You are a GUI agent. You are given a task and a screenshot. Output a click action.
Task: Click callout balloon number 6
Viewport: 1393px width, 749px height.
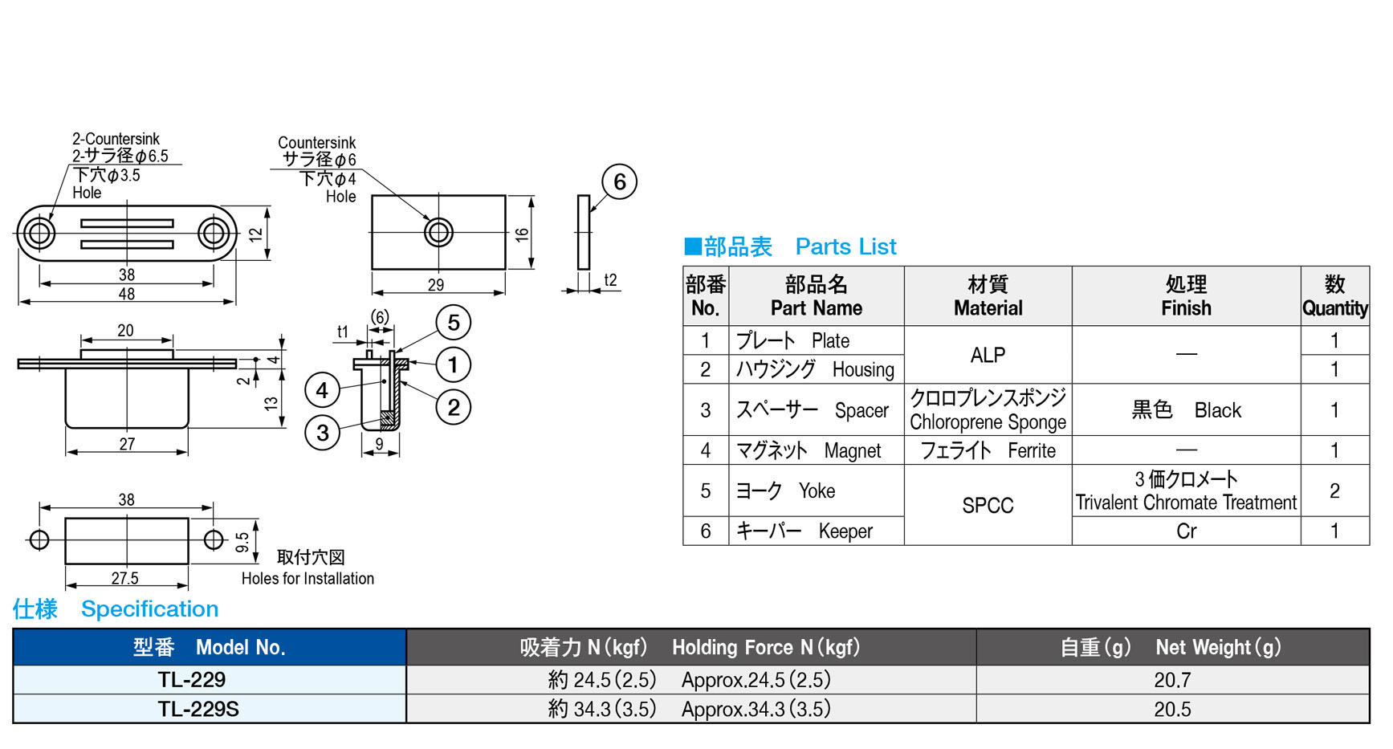(x=619, y=182)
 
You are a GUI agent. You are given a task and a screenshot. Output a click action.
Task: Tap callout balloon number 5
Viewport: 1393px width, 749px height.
(x=454, y=323)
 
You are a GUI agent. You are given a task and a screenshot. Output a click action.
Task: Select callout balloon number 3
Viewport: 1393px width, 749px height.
(x=323, y=434)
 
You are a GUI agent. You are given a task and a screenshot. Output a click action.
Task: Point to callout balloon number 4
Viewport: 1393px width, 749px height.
(x=322, y=391)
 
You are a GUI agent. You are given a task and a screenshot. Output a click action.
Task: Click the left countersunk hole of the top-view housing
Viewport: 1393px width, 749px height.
(x=39, y=234)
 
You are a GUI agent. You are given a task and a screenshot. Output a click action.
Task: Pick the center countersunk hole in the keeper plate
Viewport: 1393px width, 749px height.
(x=438, y=233)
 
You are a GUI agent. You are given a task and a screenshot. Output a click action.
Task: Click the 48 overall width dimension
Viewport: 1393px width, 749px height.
(x=127, y=295)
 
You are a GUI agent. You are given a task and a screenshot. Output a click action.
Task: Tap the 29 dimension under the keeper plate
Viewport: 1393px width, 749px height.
(x=436, y=285)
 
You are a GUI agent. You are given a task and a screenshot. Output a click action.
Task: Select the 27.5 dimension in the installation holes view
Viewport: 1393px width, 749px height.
(x=125, y=579)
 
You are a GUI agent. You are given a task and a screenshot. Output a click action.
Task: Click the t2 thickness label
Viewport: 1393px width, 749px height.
(x=610, y=280)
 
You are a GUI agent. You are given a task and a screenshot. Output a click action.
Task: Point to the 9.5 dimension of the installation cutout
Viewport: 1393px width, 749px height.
(x=242, y=543)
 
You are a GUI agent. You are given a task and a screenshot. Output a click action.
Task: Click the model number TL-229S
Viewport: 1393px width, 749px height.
(x=198, y=710)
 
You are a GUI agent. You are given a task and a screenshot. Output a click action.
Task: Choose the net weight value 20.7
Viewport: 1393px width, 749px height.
(x=1172, y=681)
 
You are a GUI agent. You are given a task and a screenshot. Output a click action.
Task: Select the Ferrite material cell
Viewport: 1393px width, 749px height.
(x=988, y=451)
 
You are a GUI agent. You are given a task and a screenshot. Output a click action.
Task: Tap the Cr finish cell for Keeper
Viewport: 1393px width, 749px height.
(x=1186, y=531)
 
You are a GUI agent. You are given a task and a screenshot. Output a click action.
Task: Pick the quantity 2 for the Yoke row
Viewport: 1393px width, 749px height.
(x=1334, y=491)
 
